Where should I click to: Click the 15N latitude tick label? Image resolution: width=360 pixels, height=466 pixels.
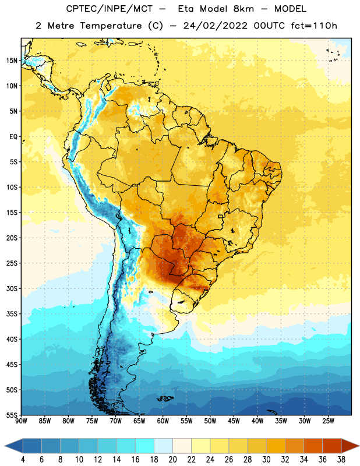(12, 61)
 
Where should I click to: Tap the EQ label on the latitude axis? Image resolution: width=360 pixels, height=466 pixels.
(13, 137)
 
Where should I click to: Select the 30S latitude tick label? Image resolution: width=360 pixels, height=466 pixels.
(12, 288)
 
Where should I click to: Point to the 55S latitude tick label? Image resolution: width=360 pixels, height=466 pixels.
(12, 415)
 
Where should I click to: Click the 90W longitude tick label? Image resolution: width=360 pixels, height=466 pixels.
(21, 421)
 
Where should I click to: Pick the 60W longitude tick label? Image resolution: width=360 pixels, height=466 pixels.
(163, 421)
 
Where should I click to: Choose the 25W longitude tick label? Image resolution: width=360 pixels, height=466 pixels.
(328, 421)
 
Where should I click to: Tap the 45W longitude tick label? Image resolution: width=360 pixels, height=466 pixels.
(234, 421)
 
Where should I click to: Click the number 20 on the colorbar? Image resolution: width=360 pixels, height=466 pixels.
(172, 460)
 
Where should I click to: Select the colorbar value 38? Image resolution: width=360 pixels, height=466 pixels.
(341, 460)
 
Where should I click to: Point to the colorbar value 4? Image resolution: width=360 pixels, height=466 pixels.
(23, 460)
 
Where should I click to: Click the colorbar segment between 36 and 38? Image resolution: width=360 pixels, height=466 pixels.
(332, 446)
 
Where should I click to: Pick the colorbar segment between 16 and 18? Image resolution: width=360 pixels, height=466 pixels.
(144, 446)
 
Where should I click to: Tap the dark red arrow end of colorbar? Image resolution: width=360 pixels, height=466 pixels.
(350, 446)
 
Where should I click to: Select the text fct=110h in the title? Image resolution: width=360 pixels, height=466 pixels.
(314, 26)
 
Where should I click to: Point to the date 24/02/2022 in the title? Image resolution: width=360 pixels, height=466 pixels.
(215, 26)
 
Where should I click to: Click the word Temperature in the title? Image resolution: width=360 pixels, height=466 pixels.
(111, 26)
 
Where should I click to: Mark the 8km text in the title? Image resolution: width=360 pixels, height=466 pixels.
(243, 9)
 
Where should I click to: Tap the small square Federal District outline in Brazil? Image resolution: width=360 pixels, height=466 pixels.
(221, 217)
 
